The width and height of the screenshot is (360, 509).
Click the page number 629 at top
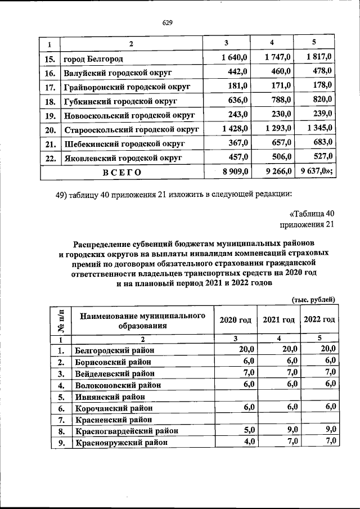166,22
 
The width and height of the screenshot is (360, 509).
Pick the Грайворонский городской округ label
127,87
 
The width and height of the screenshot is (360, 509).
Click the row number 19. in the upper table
49,116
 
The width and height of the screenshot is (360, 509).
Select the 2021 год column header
278,319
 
